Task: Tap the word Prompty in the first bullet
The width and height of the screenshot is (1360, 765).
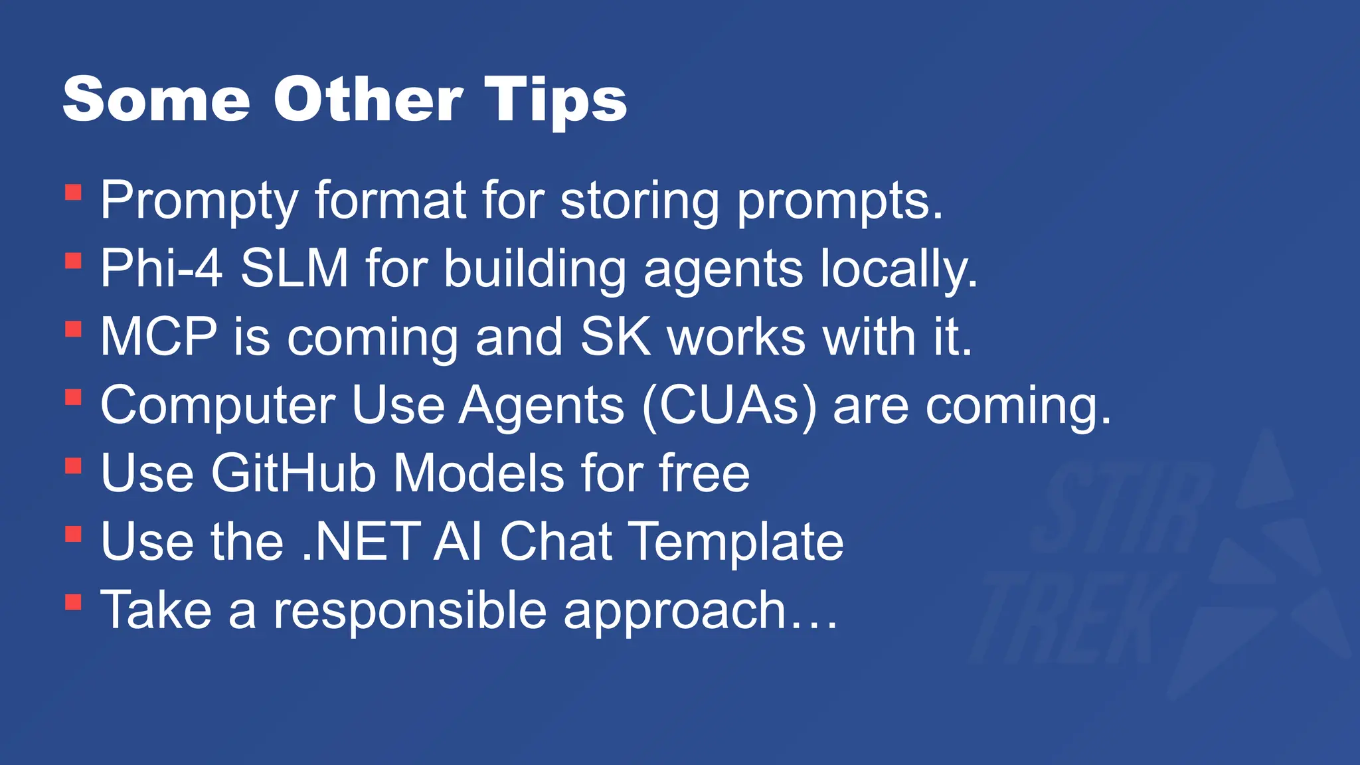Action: click(x=199, y=201)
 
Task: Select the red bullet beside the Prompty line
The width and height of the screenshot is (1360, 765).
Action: click(x=73, y=193)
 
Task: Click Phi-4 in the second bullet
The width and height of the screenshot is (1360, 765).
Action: click(x=161, y=268)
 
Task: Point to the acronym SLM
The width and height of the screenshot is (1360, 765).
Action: click(x=294, y=268)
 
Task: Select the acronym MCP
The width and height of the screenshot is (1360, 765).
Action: click(x=159, y=337)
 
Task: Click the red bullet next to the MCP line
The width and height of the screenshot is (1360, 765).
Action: click(x=73, y=329)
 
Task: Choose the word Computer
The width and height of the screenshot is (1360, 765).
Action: click(x=218, y=406)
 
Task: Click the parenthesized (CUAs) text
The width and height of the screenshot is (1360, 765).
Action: click(x=729, y=406)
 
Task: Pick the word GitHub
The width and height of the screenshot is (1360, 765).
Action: click(x=294, y=473)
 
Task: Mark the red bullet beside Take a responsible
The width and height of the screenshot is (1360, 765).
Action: click(x=73, y=602)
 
